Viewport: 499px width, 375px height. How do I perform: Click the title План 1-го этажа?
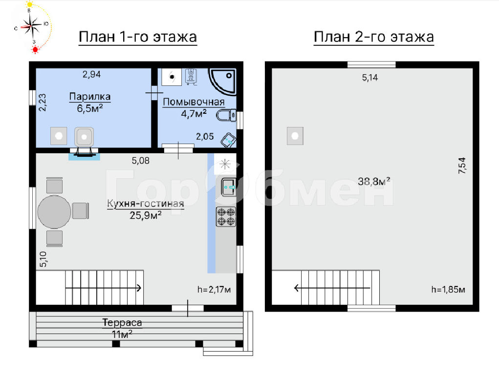pos(138,37)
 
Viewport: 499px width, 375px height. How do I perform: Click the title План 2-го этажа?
pos(373,37)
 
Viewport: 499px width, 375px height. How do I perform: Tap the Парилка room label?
pos(90,96)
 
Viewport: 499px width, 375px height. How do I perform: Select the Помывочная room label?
pos(194,102)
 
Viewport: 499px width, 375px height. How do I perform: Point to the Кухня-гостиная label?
pos(146,204)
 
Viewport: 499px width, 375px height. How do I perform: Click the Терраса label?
pos(122,323)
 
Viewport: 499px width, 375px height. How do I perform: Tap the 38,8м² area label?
pos(374,181)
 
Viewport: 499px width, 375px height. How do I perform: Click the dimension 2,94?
pos(92,74)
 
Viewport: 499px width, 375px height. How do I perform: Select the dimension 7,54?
pos(462,166)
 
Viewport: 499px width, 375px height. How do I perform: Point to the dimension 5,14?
pos(370,78)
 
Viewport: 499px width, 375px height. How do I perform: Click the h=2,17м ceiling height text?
pos(214,290)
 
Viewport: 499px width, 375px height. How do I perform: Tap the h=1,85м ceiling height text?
pos(448,290)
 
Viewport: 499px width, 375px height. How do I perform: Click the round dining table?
pos(54,212)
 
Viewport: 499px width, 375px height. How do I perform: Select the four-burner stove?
pos(226,217)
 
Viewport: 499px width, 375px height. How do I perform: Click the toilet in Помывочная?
pos(226,115)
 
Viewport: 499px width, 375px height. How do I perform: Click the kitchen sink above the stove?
pos(229,187)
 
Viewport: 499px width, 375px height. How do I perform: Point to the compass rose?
pos(31,26)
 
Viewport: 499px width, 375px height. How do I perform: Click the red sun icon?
pos(35,49)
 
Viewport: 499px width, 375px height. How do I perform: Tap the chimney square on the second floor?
pos(295,136)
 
